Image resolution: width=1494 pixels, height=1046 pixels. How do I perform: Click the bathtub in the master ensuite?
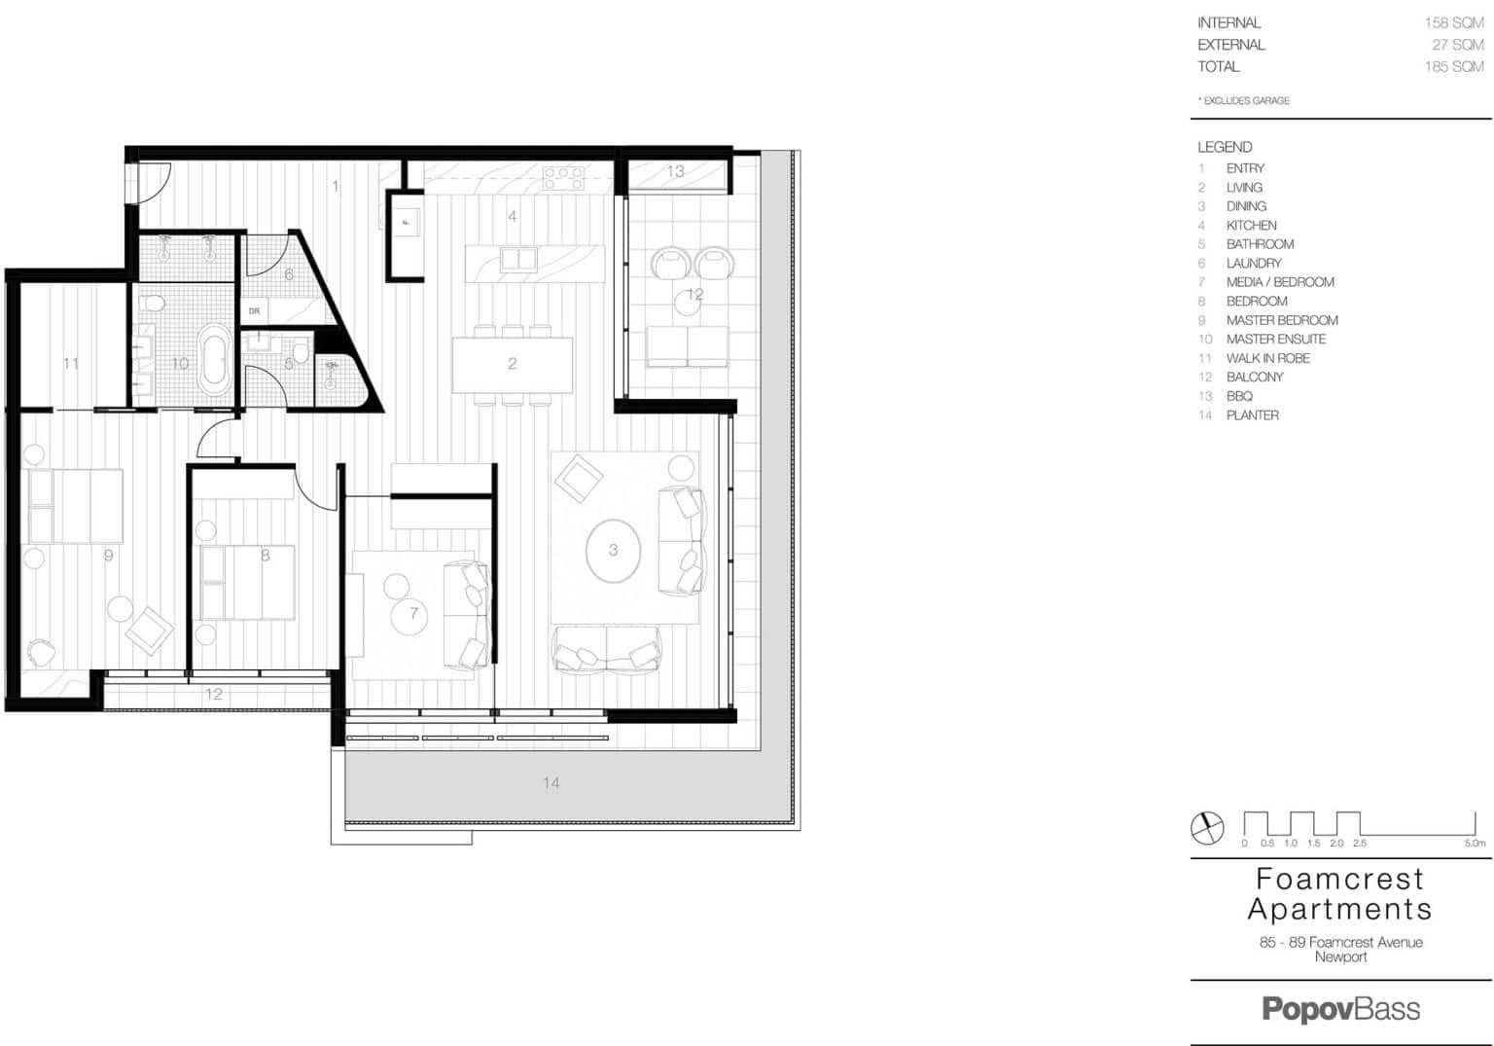(x=215, y=361)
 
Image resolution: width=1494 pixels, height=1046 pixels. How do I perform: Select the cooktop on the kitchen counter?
(x=563, y=178)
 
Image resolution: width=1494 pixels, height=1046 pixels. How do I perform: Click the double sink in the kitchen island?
(x=518, y=258)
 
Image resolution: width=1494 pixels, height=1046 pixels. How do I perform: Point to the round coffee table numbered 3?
(x=613, y=551)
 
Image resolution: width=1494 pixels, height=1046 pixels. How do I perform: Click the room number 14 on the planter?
(x=551, y=782)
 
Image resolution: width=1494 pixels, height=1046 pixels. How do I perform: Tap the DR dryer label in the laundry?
(x=254, y=310)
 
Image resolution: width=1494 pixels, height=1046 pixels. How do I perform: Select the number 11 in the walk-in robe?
(x=71, y=364)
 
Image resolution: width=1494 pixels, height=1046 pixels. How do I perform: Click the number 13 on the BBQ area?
(x=675, y=171)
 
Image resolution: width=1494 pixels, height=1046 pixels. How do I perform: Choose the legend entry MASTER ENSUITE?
(x=1276, y=339)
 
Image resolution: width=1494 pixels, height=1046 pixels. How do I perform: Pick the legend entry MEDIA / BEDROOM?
(x=1280, y=282)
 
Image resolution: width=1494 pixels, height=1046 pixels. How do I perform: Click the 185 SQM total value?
(x=1454, y=67)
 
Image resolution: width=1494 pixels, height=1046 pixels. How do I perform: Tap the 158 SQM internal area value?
(x=1454, y=22)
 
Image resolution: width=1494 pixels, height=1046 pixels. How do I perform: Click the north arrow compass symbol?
(x=1207, y=828)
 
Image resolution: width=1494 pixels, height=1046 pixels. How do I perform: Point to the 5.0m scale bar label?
(x=1475, y=844)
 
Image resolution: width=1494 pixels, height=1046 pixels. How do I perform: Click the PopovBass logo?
(x=1340, y=1009)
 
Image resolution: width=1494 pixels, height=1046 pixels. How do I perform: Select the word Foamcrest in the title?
(x=1340, y=879)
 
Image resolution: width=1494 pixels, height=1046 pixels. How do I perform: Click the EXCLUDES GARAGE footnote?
(x=1243, y=101)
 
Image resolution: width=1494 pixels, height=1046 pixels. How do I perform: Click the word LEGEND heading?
(x=1225, y=147)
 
